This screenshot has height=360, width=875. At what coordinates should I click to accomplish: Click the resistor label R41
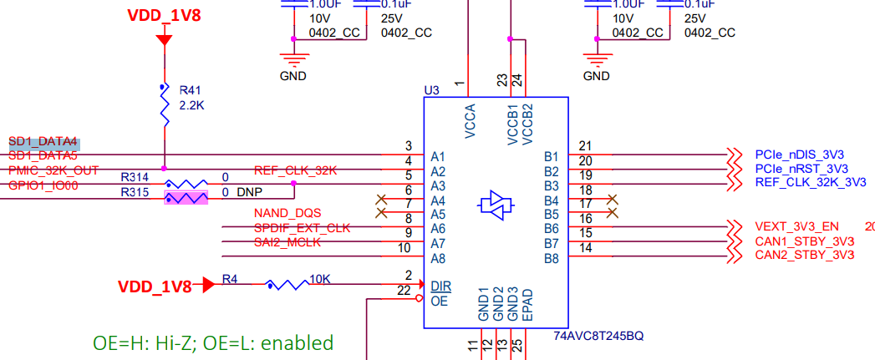(192, 90)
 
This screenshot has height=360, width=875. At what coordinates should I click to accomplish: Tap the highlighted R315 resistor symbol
(186, 199)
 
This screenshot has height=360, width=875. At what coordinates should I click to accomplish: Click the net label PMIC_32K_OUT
(53, 170)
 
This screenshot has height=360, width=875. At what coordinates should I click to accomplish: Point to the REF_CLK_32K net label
(295, 170)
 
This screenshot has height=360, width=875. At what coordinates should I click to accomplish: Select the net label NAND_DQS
(287, 213)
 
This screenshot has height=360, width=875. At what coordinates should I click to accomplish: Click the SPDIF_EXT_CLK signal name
(302, 227)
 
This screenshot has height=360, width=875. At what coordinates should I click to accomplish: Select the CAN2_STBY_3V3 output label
(804, 255)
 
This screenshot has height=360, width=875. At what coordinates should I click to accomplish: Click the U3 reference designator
(432, 89)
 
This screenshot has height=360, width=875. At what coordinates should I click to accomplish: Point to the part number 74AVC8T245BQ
(598, 336)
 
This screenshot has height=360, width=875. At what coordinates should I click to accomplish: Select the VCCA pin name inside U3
(469, 119)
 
